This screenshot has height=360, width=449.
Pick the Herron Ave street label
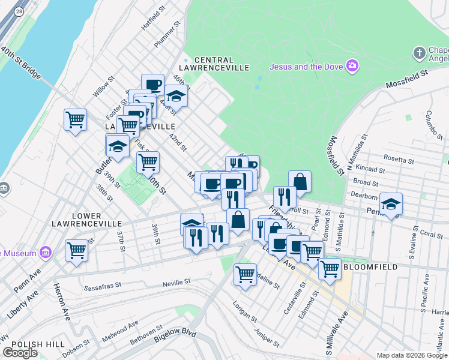[64, 306]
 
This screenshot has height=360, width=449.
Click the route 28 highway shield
[19, 11]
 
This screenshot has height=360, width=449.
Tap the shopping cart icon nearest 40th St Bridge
[75, 119]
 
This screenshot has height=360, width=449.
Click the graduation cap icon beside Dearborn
[391, 204]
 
